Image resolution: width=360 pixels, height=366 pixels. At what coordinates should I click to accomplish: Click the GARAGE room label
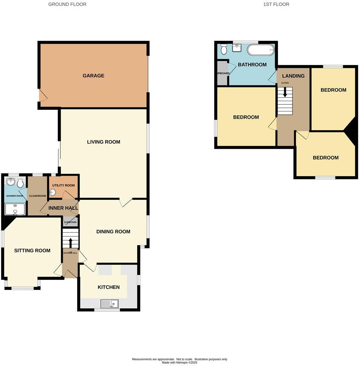point(93,76)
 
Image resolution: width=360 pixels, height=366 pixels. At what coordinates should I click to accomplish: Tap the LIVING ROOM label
point(104,142)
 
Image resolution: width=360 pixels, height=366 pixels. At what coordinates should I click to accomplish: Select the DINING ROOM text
point(113,232)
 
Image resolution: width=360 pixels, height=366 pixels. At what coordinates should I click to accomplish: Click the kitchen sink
point(110,304)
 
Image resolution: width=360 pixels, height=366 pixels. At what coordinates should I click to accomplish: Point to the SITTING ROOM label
point(32,251)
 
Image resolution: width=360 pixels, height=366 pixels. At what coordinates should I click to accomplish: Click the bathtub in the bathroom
point(260,50)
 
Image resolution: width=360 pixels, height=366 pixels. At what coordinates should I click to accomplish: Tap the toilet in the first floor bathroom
point(224,49)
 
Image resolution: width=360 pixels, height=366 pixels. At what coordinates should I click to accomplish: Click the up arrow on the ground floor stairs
point(70,243)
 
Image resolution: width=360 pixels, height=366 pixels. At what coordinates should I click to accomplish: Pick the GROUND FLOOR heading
point(67,4)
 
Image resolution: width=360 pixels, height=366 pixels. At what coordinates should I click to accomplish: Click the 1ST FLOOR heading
point(276,4)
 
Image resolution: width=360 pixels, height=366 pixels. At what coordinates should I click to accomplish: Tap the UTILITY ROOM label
point(63,185)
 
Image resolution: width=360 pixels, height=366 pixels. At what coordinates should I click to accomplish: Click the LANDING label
point(293,76)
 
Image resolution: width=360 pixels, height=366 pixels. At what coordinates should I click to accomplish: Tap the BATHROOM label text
point(252,65)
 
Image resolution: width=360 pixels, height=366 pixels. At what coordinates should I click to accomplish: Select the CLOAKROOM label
point(37,196)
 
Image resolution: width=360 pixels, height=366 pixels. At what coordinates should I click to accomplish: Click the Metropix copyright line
point(179,362)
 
